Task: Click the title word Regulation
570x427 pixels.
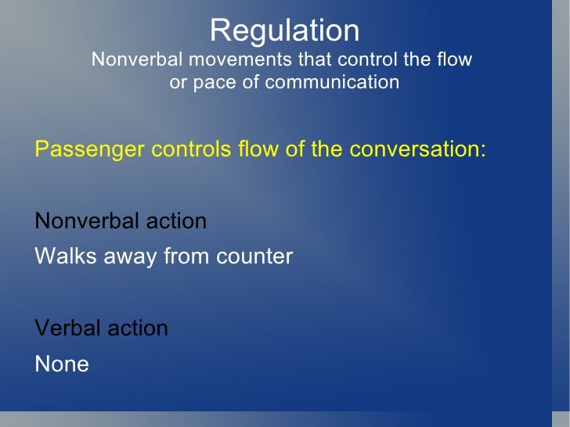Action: coord(284,31)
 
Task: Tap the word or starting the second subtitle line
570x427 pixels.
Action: coord(178,82)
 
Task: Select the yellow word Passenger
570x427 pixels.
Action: coord(84,149)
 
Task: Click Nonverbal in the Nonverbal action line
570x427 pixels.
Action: coord(84,221)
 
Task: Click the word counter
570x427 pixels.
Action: coord(255,256)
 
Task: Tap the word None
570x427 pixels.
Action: coord(62,364)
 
